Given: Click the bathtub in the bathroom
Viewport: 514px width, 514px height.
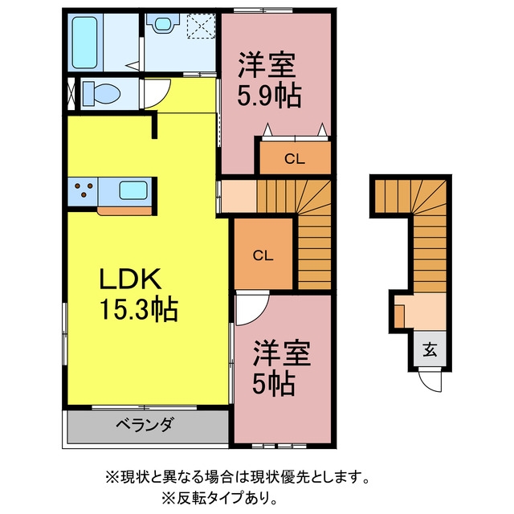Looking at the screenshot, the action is click(x=85, y=43).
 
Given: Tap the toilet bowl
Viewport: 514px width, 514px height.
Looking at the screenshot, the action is click(x=101, y=93).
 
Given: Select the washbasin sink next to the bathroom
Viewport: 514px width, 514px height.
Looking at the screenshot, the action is click(x=162, y=23).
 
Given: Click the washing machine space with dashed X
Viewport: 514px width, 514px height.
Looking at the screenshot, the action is click(x=201, y=27).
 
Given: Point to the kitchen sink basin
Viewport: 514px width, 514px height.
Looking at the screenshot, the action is click(x=133, y=190).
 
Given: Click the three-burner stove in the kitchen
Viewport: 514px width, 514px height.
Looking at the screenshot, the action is click(x=84, y=190).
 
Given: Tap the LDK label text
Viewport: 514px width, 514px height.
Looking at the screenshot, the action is click(x=130, y=279).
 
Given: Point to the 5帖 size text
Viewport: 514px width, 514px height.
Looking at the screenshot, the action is click(x=274, y=384).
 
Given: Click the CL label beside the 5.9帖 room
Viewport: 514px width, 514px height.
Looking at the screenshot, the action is click(x=295, y=159).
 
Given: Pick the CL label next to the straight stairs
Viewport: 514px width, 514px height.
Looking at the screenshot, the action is click(x=263, y=255).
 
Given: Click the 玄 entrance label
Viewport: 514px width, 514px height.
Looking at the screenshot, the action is click(x=430, y=350).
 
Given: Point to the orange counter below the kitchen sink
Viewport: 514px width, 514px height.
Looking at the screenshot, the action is click(x=124, y=211).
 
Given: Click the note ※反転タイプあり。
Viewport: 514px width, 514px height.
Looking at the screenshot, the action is click(x=219, y=498).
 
